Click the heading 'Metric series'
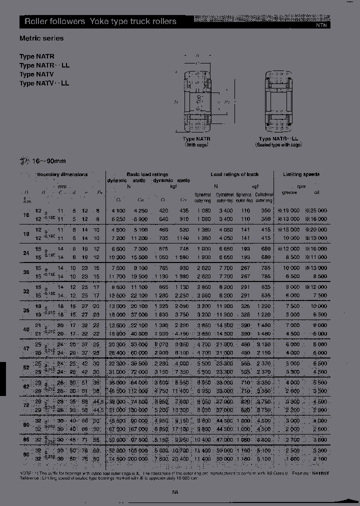(x=41, y=38)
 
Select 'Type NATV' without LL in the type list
(x=36, y=74)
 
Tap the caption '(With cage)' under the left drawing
(x=196, y=144)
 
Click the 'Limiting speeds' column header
(x=301, y=174)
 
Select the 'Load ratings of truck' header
(x=234, y=174)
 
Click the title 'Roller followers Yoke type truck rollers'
(x=100, y=21)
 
